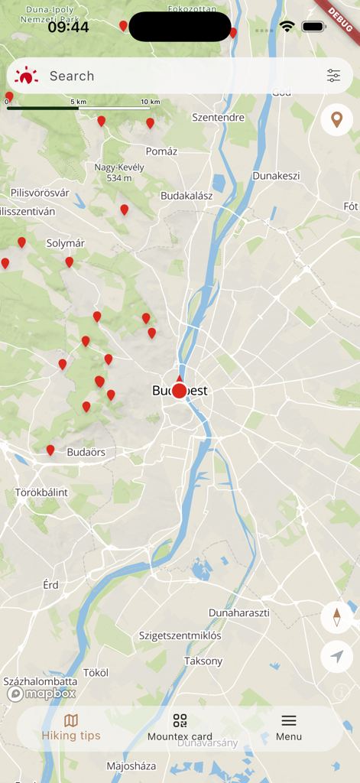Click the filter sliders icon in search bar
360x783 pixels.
tap(334, 76)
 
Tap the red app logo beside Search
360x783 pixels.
tap(27, 76)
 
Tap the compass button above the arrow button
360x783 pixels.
tap(336, 616)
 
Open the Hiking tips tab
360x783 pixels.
tap(71, 728)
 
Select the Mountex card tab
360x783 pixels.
tap(180, 728)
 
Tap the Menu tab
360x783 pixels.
tap(289, 728)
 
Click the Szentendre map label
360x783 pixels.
tap(218, 118)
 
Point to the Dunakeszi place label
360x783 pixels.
tap(276, 176)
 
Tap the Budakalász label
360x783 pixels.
tap(186, 196)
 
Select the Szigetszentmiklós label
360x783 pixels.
tap(180, 635)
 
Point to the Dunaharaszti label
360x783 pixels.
tap(239, 613)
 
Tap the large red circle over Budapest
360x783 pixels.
tap(179, 391)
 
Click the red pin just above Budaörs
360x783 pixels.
tap(50, 450)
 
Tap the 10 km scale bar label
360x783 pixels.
tap(150, 102)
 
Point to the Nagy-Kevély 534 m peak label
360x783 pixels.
tap(114, 172)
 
